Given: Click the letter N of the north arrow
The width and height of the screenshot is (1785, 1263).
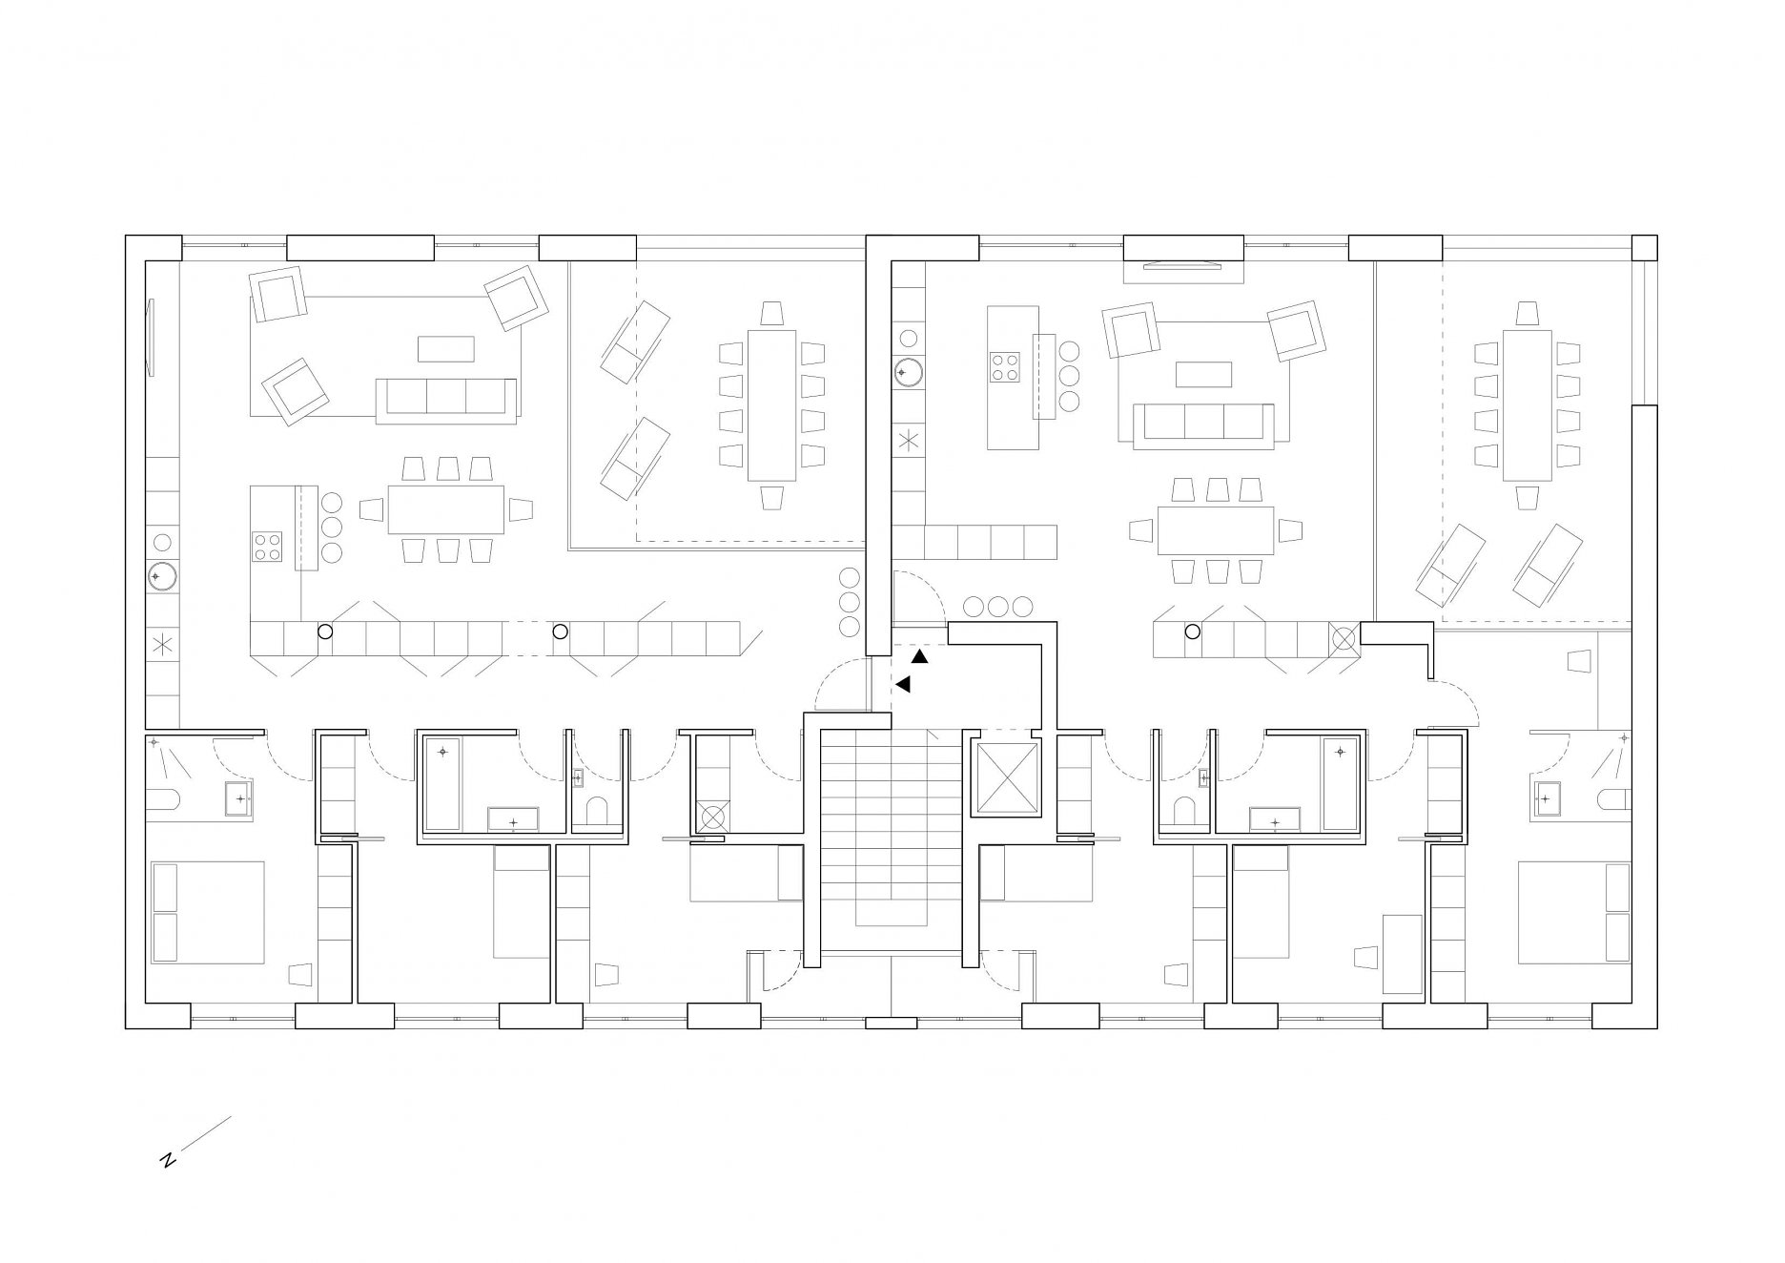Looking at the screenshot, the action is pyautogui.click(x=168, y=1160).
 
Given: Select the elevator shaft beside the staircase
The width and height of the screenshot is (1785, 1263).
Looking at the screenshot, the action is pyautogui.click(x=1007, y=780).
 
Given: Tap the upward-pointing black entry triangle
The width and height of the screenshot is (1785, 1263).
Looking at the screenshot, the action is pyautogui.click(x=919, y=657).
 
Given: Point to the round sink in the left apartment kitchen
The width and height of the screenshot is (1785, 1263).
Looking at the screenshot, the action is pyautogui.click(x=161, y=577).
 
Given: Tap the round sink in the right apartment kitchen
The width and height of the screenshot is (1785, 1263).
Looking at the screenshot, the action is pyautogui.click(x=908, y=372).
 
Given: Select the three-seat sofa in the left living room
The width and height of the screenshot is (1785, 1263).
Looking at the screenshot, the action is pyautogui.click(x=446, y=401).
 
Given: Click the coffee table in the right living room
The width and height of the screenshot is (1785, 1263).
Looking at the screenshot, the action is pyautogui.click(x=1203, y=374).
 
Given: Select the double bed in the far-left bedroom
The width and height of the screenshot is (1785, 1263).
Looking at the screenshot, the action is pyautogui.click(x=208, y=913).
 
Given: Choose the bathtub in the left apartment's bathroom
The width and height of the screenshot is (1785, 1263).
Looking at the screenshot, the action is pyautogui.click(x=442, y=783).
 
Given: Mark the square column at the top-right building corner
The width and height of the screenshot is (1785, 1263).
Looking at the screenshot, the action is pyautogui.click(x=1645, y=247).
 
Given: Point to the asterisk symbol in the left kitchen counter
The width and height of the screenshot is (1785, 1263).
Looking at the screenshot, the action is pyautogui.click(x=162, y=645).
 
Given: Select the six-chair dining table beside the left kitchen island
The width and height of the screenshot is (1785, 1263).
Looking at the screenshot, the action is pyautogui.click(x=445, y=510).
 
